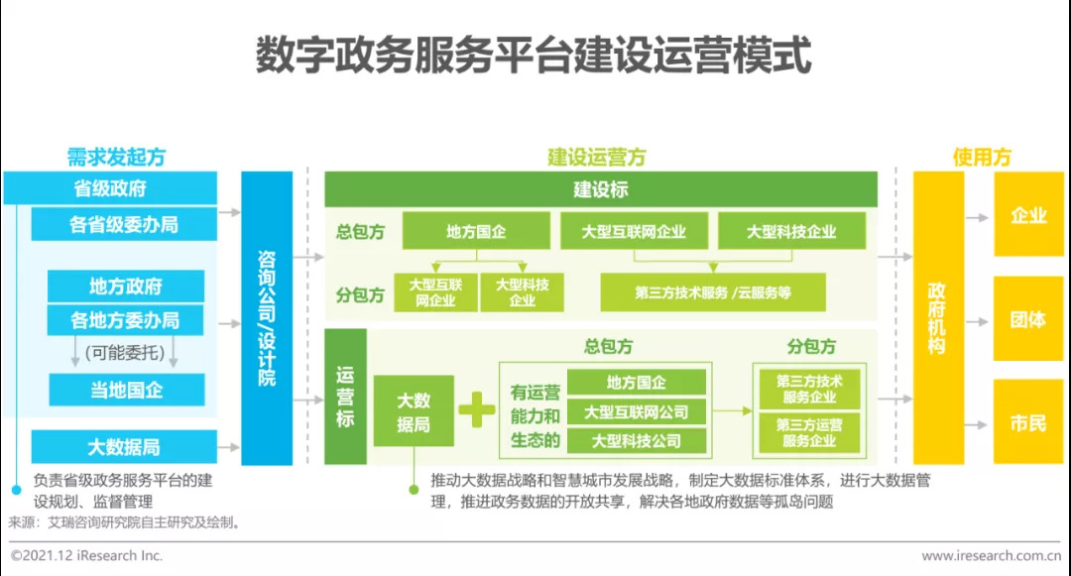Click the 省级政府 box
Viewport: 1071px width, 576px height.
pyautogui.click(x=110, y=188)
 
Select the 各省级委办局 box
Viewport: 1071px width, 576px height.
pyautogui.click(x=124, y=225)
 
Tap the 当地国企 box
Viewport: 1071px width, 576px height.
pyautogui.click(x=126, y=390)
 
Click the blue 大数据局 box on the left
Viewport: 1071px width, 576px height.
pyautogui.click(x=124, y=447)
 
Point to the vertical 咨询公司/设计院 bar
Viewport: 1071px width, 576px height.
pyautogui.click(x=267, y=317)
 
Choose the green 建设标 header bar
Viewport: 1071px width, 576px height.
pyautogui.click(x=600, y=189)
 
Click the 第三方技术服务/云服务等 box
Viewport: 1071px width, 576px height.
pyautogui.click(x=713, y=292)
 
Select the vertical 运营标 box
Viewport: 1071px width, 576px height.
pyautogui.click(x=345, y=397)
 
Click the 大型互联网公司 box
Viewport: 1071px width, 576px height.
pyautogui.click(x=637, y=411)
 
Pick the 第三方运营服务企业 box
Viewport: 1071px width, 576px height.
pyautogui.click(x=809, y=433)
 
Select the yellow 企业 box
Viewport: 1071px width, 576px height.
pyautogui.click(x=1028, y=215)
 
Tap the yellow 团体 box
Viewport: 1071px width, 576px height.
pyautogui.click(x=1028, y=320)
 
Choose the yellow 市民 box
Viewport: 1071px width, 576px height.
pyautogui.click(x=1028, y=423)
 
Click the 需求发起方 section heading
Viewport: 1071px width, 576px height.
pyautogui.click(x=116, y=158)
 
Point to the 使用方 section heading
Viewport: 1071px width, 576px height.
pyautogui.click(x=982, y=158)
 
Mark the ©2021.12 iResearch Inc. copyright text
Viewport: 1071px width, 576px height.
pyautogui.click(x=86, y=556)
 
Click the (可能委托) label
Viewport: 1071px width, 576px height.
pyautogui.click(x=126, y=351)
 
